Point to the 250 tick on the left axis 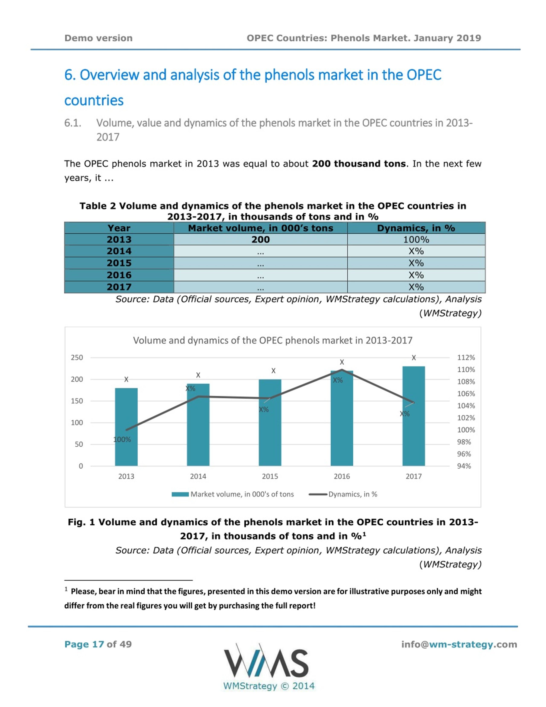click(x=77, y=357)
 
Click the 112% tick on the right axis click(x=466, y=357)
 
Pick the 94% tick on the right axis click(x=464, y=466)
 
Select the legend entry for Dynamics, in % click(x=343, y=494)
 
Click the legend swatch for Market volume click(x=180, y=494)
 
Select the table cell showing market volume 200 click(x=260, y=240)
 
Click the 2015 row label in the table click(x=119, y=263)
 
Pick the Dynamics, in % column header click(x=416, y=228)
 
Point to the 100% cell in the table click(x=416, y=240)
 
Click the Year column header click(x=119, y=228)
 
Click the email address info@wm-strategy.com click(x=459, y=644)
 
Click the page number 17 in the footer click(x=98, y=644)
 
